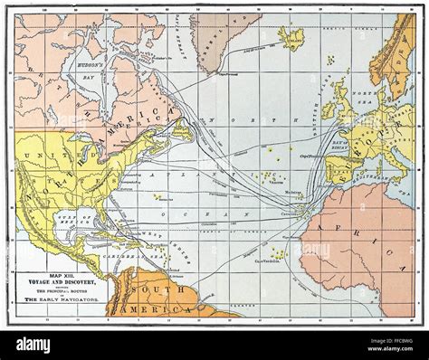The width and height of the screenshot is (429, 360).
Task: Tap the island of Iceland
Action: pos(291,37)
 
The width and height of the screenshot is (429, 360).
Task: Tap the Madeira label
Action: pos(291,193)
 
